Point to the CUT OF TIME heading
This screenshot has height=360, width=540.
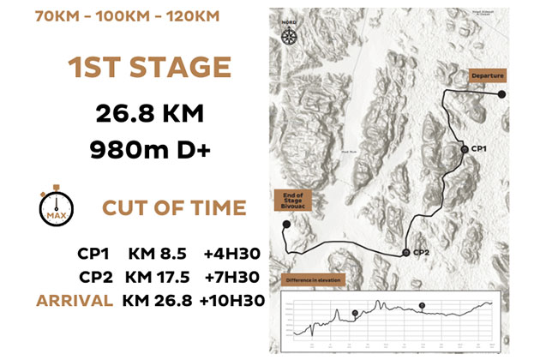174,208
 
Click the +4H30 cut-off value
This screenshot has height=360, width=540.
232,253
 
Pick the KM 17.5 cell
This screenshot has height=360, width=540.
157,277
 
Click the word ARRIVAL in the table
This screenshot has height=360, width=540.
75,300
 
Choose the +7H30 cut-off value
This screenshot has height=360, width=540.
232,277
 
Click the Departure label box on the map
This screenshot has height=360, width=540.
486,75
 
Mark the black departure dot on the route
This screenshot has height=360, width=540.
503,94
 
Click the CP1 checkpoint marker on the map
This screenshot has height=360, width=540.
464,149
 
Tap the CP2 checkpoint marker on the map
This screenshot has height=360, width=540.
406,253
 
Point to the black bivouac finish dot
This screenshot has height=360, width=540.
284,225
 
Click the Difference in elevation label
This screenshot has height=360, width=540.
311,280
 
